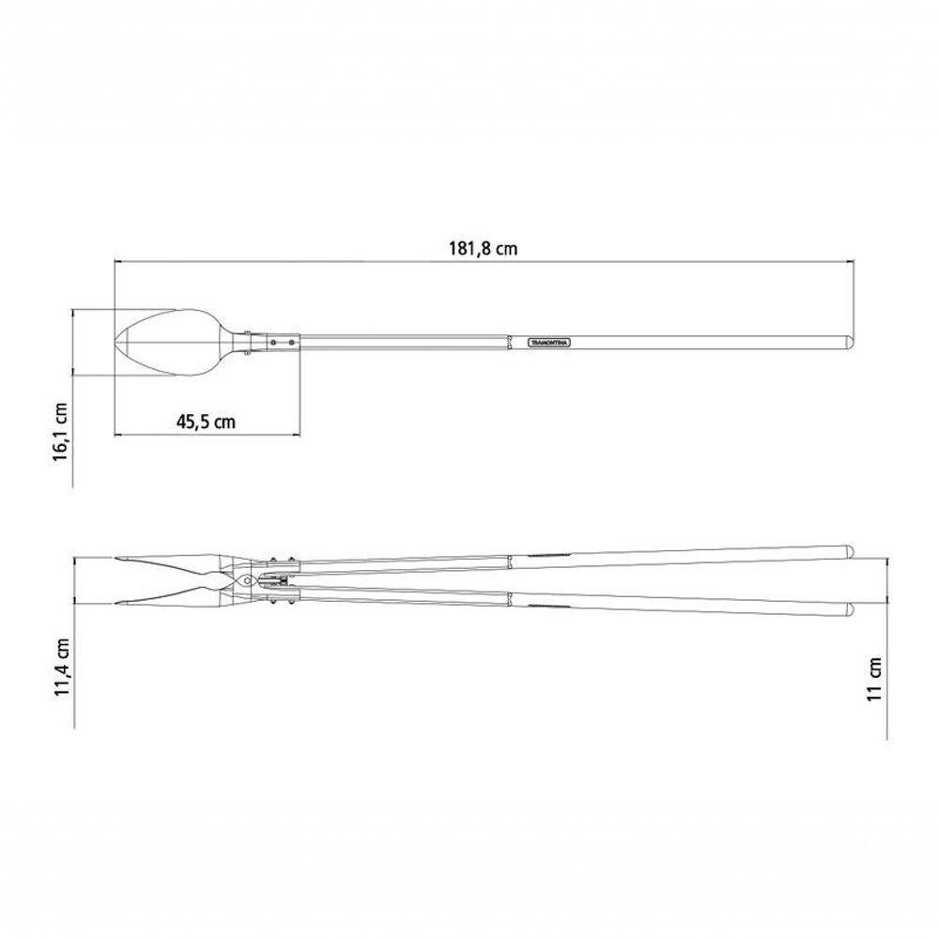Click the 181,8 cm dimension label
pos(483,249)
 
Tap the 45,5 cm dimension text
pos(206,423)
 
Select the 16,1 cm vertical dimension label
pos(61,431)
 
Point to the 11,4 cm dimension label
pos(61,668)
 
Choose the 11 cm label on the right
pos(875,679)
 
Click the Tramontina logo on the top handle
pos(549,343)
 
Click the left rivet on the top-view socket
pos(273,343)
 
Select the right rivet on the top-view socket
pos(291,343)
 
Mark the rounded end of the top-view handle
pos(850,343)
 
